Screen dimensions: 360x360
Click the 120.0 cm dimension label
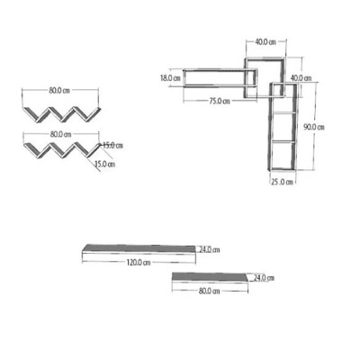[138, 263]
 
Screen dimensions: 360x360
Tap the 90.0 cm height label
[314, 127]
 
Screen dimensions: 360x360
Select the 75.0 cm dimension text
[220, 101]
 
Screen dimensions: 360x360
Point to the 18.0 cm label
[170, 78]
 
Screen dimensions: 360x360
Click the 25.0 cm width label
[282, 182]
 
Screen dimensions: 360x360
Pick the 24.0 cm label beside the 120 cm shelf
[210, 249]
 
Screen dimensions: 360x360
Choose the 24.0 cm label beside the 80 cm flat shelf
[264, 278]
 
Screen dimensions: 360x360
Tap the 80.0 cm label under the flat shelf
[209, 291]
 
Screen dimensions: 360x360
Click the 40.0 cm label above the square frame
[265, 42]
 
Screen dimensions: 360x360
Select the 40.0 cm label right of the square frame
[301, 78]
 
